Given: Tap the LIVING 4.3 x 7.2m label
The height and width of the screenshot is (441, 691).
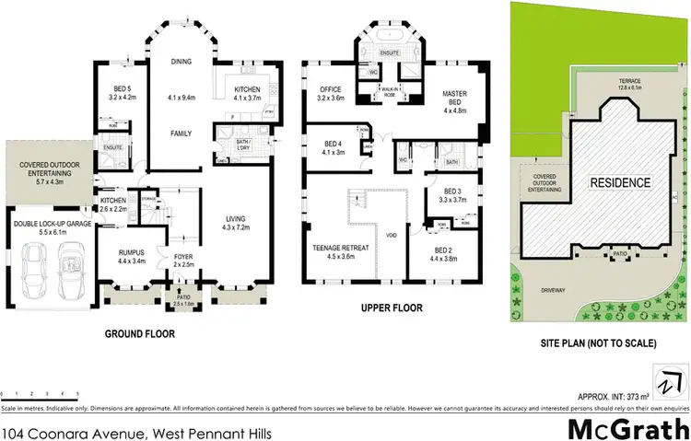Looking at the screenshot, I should click(242, 222).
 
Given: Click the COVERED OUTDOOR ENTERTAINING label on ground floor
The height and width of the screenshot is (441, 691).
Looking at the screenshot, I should click(45, 170).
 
